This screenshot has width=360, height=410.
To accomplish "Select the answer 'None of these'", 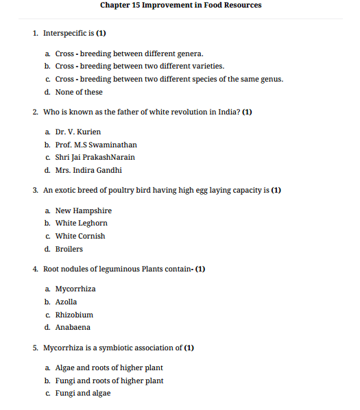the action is [79, 92].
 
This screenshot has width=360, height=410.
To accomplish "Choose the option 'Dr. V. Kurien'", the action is [78, 132].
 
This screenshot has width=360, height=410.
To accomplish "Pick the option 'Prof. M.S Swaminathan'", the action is [96, 145].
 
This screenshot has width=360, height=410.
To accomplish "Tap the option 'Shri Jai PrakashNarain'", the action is [95, 157].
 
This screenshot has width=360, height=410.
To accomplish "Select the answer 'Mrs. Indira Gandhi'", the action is [88, 170].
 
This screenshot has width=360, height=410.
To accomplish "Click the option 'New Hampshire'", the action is [83, 210].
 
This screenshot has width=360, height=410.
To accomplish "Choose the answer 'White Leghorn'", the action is [81, 223].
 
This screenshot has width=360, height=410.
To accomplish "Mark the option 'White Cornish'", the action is [80, 236].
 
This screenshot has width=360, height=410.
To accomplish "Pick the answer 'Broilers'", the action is [69, 249].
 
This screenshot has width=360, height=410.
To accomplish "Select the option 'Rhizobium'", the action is [74, 315].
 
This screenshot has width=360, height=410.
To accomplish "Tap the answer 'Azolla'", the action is [66, 302].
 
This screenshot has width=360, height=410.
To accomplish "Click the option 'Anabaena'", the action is [73, 327].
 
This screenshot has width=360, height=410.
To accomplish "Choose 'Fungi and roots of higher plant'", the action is [109, 381].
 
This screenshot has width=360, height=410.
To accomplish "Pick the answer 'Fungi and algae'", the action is [82, 394].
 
